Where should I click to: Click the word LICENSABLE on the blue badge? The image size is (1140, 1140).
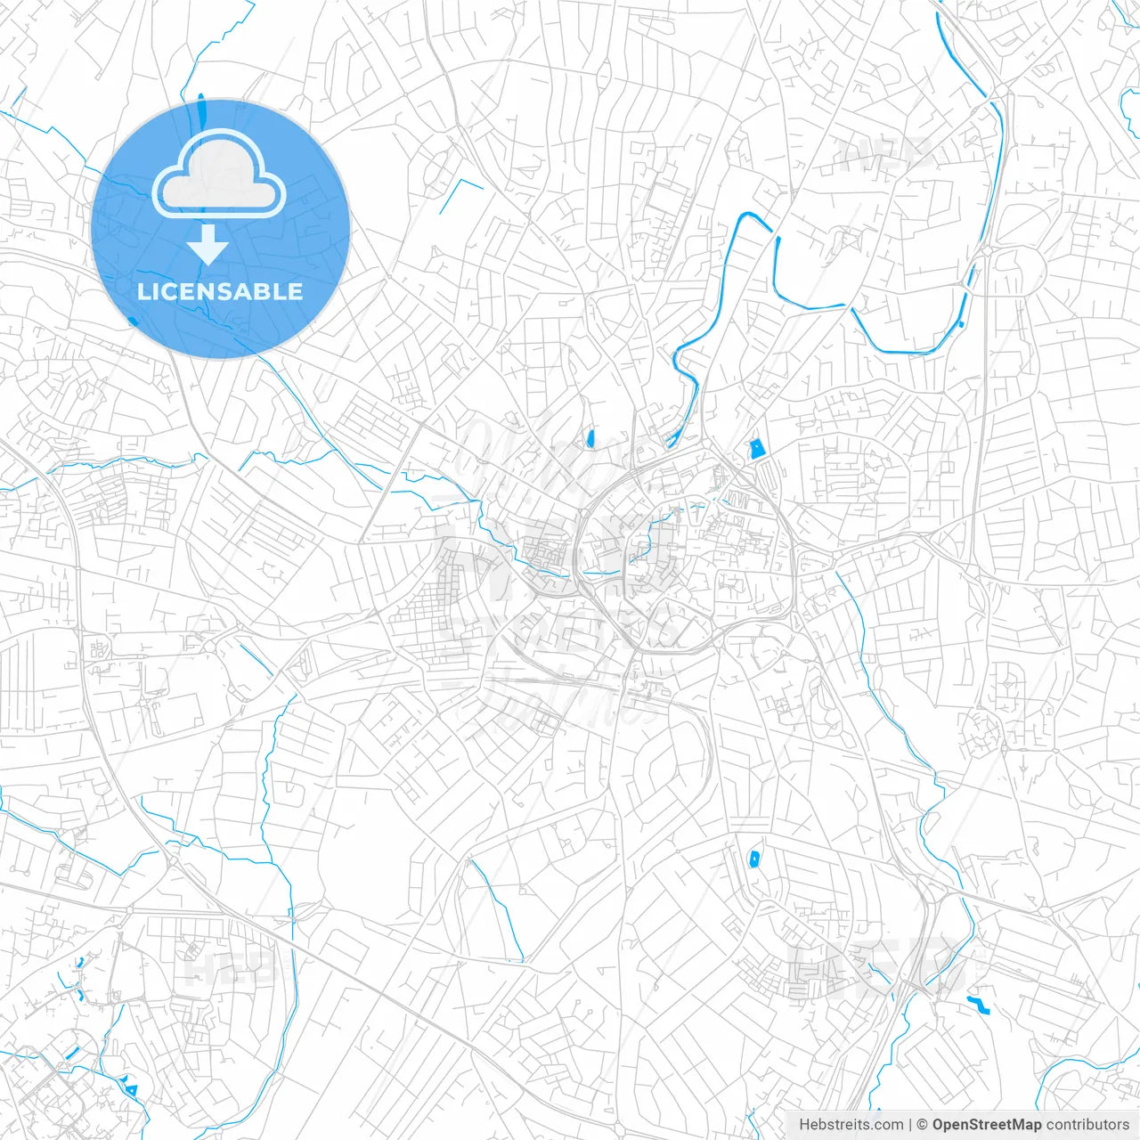click(x=220, y=292)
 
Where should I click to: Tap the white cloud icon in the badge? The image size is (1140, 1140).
click(x=219, y=175)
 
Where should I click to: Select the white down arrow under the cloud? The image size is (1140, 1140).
click(x=208, y=245)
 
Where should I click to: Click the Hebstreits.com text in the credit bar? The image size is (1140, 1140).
click(x=851, y=1125)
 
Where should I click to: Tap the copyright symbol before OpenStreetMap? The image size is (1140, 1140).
click(x=923, y=1125)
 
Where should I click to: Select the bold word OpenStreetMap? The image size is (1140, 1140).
click(x=986, y=1125)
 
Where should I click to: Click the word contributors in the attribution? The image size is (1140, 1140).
click(x=1087, y=1125)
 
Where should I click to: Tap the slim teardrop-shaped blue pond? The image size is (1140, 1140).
click(x=590, y=438)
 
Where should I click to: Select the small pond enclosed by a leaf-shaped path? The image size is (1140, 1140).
click(x=753, y=859)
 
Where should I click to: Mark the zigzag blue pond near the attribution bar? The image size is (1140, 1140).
click(x=979, y=1006)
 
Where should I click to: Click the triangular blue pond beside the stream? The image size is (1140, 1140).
click(x=132, y=1087)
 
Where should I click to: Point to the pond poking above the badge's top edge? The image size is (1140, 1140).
click(x=199, y=105)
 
